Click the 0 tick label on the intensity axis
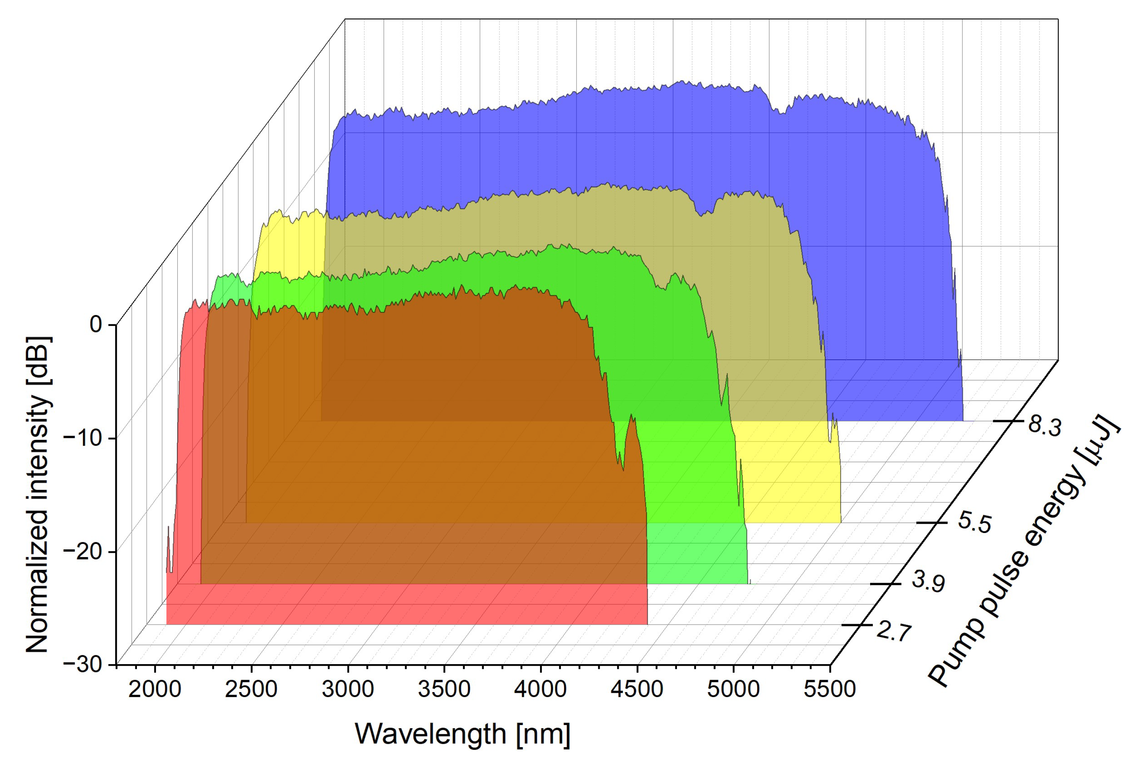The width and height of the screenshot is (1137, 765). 96,324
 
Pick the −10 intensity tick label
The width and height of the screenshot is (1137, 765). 83,438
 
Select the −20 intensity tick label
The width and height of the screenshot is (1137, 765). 83,552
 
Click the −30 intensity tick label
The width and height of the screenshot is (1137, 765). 83,665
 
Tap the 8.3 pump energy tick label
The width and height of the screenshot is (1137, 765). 1044,426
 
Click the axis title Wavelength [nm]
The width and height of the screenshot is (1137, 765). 462,733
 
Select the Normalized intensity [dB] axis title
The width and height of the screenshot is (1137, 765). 38,494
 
